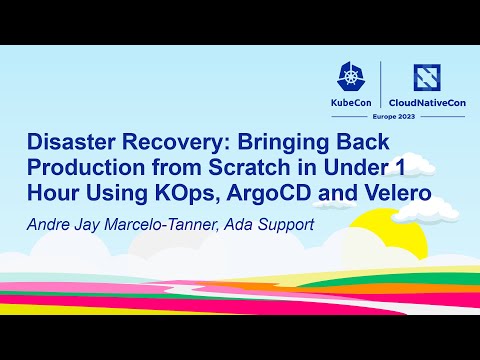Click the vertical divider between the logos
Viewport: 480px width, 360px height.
pyautogui.click(x=382, y=88)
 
